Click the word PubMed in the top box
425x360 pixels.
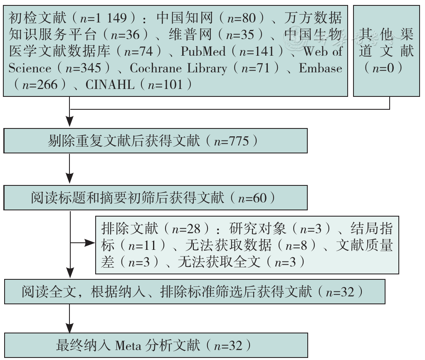tap(203, 51)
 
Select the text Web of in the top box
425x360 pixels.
tap(323, 51)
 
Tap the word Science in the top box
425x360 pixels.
tap(30, 68)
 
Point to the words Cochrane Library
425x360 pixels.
tap(178, 68)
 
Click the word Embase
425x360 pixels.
tap(320, 68)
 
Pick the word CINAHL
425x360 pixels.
tap(110, 85)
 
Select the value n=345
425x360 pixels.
tap(83, 68)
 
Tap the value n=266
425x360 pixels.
tap(40, 85)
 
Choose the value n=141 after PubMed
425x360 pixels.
tap(257, 51)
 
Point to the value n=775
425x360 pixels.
tap(232, 141)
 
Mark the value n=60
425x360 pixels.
tap(252, 198)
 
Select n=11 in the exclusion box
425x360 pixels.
tap(142, 246)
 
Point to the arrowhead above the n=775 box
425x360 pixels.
tap(70, 122)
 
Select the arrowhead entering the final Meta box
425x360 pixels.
tap(70, 328)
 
